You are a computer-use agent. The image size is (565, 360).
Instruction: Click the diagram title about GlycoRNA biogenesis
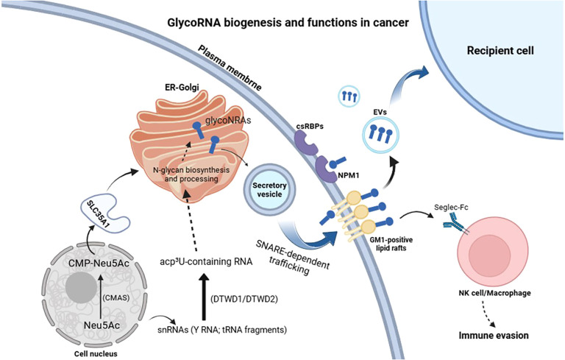288,23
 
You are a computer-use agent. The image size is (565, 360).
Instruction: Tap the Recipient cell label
500,51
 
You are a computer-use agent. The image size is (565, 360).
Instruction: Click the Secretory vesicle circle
269,190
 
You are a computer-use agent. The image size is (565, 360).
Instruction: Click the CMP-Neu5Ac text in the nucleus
99,264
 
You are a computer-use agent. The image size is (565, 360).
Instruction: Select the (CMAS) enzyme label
116,297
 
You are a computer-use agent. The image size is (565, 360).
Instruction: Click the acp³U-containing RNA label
206,261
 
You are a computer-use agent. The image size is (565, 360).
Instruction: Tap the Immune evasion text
494,336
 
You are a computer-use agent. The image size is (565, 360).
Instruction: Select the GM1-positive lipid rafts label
391,244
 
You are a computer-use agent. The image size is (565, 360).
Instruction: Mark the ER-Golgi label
182,87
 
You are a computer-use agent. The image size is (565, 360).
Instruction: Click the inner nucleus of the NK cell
489,252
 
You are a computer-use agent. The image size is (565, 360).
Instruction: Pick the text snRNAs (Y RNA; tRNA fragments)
222,329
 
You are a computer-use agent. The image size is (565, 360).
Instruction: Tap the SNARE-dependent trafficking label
292,258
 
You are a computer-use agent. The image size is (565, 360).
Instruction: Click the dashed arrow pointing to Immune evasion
490,312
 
